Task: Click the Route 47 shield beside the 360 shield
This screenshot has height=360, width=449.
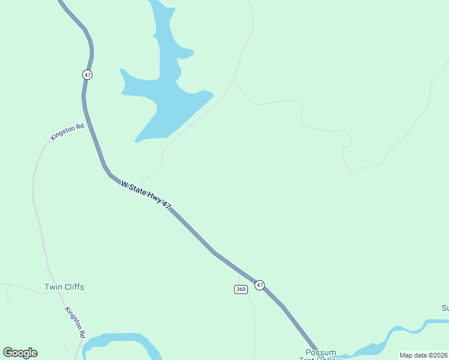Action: (x=259, y=285)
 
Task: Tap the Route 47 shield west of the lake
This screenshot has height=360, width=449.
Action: (x=88, y=74)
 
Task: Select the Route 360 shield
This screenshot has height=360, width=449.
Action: (x=241, y=289)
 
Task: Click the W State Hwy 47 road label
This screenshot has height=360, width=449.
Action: (x=146, y=194)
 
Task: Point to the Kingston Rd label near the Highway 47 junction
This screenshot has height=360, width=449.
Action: (x=67, y=131)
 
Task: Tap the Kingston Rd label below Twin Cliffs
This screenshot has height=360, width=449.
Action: (x=75, y=322)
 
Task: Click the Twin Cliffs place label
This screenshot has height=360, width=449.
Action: (x=64, y=287)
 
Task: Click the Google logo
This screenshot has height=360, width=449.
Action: (x=20, y=353)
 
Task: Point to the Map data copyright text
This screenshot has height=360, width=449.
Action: (x=423, y=355)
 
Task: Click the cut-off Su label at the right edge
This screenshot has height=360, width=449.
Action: (x=445, y=308)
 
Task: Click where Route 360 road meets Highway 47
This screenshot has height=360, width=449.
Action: (x=240, y=273)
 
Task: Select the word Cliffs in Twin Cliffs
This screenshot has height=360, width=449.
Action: (x=73, y=287)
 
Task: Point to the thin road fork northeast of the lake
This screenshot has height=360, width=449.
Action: (x=234, y=81)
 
